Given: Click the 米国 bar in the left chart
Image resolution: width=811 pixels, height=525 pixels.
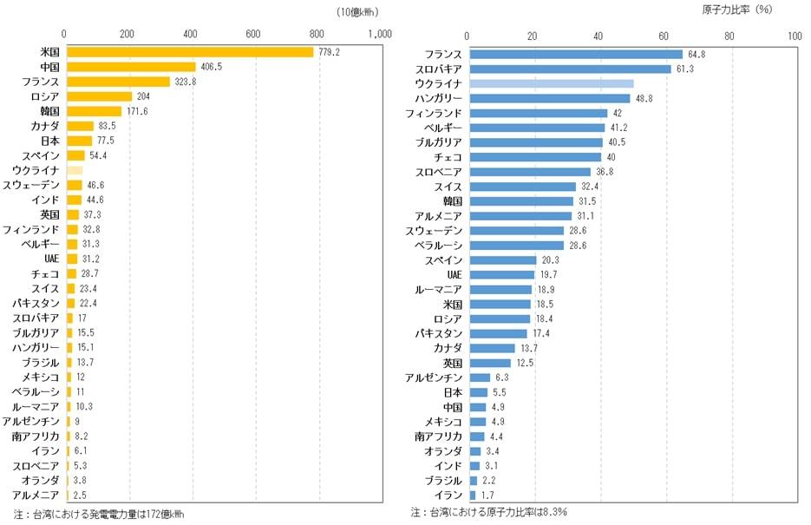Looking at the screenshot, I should pyautogui.click(x=189, y=52).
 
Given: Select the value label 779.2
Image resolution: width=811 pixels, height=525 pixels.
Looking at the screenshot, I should pyautogui.click(x=329, y=52).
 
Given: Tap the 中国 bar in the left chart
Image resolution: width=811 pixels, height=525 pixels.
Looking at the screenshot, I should pyautogui.click(x=130, y=67).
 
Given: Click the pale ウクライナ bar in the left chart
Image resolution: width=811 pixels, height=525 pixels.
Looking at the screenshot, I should pyautogui.click(x=74, y=170).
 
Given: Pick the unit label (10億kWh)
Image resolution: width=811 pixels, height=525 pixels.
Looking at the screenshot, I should pyautogui.click(x=357, y=12).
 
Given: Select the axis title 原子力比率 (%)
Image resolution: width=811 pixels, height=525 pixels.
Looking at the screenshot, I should pyautogui.click(x=736, y=10).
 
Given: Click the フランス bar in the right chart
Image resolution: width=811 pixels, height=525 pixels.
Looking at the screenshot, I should pyautogui.click(x=575, y=54).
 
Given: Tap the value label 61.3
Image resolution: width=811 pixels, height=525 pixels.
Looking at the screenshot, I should pyautogui.click(x=686, y=69).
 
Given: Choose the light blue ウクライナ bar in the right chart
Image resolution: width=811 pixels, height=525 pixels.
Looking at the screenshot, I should pyautogui.click(x=551, y=83).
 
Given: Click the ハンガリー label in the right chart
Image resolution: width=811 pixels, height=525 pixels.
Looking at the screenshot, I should pyautogui.click(x=437, y=98).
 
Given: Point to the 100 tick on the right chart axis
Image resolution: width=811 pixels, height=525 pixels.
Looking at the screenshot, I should pyautogui.click(x=795, y=36).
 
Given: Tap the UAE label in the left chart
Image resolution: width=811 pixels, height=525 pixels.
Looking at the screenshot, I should pyautogui.click(x=51, y=259).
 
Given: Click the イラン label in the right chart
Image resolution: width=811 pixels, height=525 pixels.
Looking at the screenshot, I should pyautogui.click(x=449, y=495).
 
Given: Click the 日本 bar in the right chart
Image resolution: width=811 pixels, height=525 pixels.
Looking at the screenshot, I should pyautogui.click(x=476, y=392).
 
